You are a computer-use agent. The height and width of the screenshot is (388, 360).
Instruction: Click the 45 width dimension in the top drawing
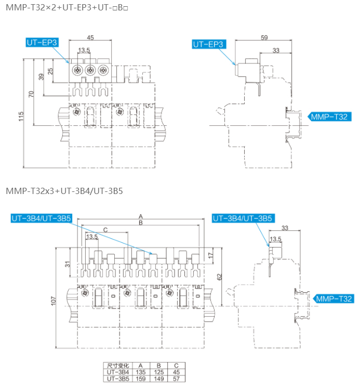point(90,37)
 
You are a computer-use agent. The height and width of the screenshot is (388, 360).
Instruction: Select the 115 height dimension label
point(21,117)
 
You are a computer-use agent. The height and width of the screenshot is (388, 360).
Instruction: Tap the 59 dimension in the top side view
point(264,37)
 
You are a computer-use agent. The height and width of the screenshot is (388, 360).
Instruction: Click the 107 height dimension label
point(54,301)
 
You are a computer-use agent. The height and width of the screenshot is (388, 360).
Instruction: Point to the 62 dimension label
point(219,277)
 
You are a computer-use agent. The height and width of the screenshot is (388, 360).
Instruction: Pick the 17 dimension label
point(210,255)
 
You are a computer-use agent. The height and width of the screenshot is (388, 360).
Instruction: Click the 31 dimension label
point(68,264)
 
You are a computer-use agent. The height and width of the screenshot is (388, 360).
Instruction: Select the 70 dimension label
point(31,94)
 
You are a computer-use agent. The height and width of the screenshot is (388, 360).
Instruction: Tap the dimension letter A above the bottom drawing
point(141,217)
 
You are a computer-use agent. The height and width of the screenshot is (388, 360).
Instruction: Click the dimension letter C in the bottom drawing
point(105,230)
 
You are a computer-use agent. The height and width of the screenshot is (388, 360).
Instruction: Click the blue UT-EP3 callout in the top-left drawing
point(42,43)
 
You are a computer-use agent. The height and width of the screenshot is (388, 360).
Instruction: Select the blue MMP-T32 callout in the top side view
point(329,117)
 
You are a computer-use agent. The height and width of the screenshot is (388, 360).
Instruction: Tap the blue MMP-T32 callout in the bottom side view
point(334,299)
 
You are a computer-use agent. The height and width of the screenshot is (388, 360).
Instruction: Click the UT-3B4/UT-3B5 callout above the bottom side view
point(243,218)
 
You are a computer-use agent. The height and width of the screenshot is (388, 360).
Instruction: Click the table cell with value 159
point(141,379)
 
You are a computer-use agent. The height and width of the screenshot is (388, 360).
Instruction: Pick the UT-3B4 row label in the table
point(118,372)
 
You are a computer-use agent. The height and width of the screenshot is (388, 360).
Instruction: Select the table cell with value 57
point(176,379)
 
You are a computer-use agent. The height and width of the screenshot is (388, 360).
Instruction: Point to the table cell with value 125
point(158,372)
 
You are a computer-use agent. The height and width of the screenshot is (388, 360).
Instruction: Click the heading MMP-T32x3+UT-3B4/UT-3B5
point(64,191)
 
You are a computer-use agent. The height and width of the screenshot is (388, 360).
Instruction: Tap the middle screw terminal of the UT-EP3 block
point(90,70)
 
